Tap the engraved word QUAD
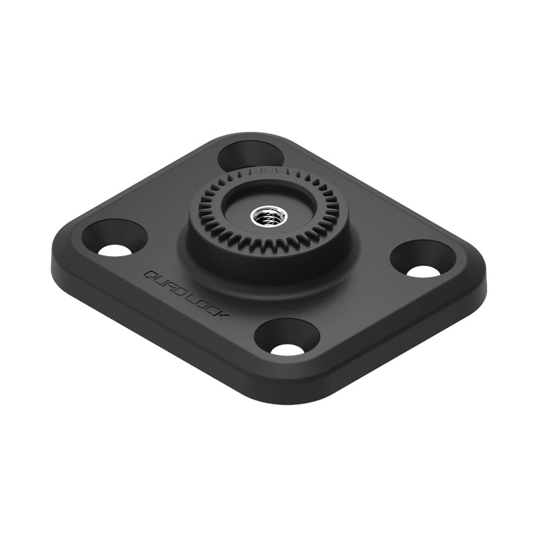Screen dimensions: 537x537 pyautogui.click(x=163, y=284)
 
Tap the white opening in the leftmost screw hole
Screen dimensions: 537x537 pyautogui.click(x=115, y=250)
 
